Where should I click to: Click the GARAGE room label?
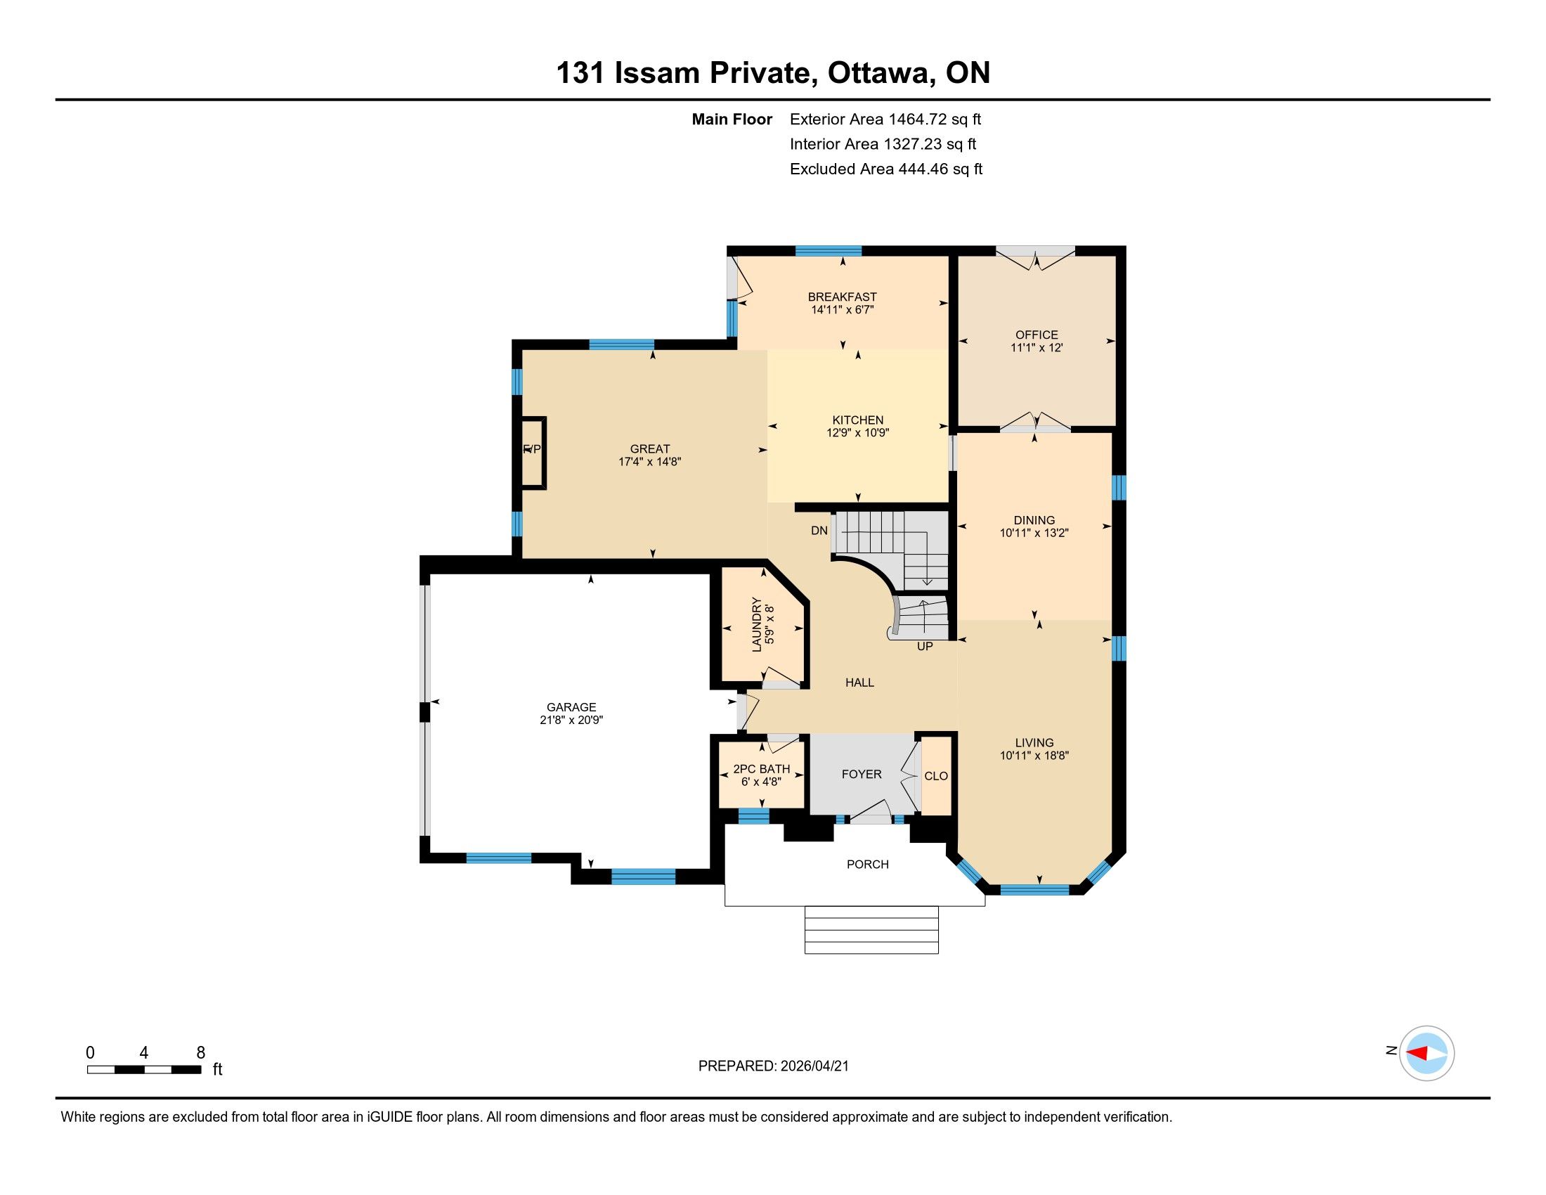click(571, 707)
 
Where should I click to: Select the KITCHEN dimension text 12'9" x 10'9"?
click(857, 433)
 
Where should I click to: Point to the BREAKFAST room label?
click(843, 297)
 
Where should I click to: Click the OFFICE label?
click(1037, 335)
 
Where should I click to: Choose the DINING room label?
click(1034, 520)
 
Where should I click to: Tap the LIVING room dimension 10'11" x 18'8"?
click(1034, 756)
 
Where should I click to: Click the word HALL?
click(859, 683)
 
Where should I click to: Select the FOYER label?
click(862, 775)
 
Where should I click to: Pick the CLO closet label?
click(936, 776)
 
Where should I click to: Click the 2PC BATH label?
click(762, 769)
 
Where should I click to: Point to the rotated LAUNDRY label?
click(757, 625)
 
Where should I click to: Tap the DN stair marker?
click(819, 530)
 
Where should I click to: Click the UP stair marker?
click(925, 646)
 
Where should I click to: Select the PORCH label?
click(868, 865)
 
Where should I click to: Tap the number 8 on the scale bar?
click(200, 1053)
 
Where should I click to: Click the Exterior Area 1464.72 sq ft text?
click(885, 119)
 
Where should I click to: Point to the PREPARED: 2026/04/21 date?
click(774, 1066)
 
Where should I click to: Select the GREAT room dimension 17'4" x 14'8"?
click(650, 462)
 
